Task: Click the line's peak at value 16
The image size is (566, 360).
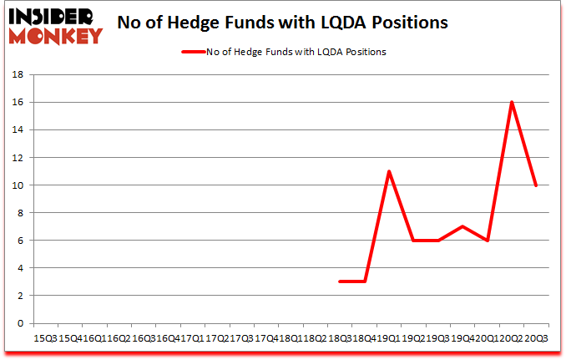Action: (511, 102)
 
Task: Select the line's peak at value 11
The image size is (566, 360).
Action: (389, 171)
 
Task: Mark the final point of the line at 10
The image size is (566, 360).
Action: (536, 185)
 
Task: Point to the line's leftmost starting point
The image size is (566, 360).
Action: (340, 281)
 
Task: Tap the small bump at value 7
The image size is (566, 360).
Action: (462, 226)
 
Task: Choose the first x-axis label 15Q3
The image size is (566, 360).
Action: (44, 337)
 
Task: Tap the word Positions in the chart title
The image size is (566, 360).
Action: (407, 23)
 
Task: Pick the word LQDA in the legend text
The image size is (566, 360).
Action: (329, 52)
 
